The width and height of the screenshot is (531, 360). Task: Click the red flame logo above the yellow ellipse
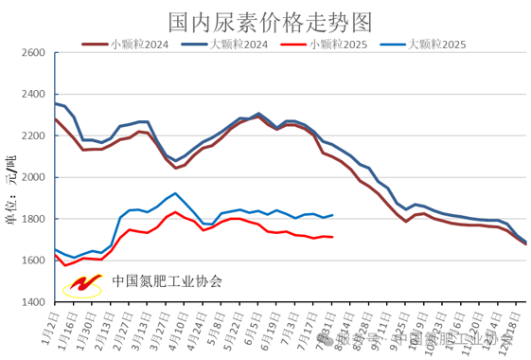pyautogui.click(x=85, y=281)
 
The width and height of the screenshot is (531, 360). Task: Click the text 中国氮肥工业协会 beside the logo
pyautogui.click(x=167, y=281)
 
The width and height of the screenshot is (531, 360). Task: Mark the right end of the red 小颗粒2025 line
pyautogui.click(x=332, y=237)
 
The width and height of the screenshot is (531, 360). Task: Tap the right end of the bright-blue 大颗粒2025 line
pyautogui.click(x=332, y=215)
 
